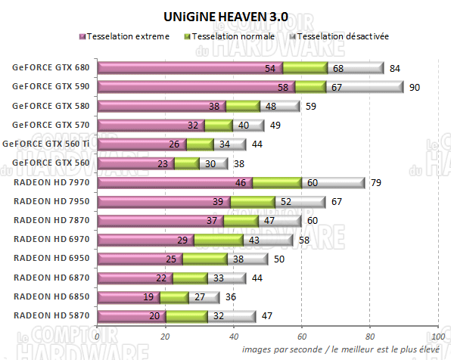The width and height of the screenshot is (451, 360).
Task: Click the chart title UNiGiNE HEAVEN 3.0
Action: pyautogui.click(x=225, y=15)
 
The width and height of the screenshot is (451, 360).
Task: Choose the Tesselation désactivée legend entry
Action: pyautogui.click(x=337, y=36)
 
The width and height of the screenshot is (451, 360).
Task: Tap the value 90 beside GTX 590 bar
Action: pyautogui.click(x=415, y=88)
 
